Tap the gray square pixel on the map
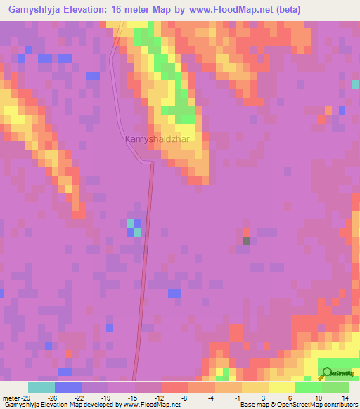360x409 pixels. tap(247, 241)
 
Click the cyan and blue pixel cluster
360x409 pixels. tap(134, 228)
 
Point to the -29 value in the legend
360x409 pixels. tap(27, 397)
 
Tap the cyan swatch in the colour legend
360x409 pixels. tap(41, 387)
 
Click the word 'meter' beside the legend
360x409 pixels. tap(11, 397)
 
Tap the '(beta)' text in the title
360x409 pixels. tap(289, 10)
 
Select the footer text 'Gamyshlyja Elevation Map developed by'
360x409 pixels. tap(60, 405)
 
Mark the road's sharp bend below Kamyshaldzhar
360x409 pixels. tap(150, 163)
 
